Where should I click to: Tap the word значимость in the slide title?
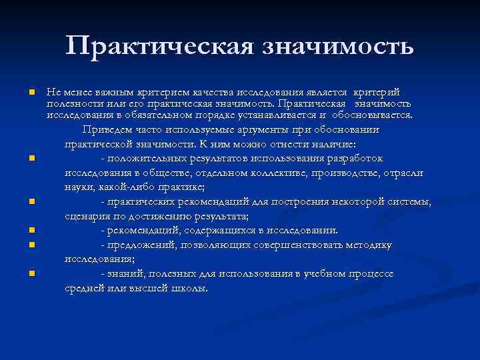point(339,46)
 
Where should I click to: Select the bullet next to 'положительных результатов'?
point(31,159)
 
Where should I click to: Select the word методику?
point(370,245)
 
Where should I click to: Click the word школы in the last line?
point(191,289)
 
